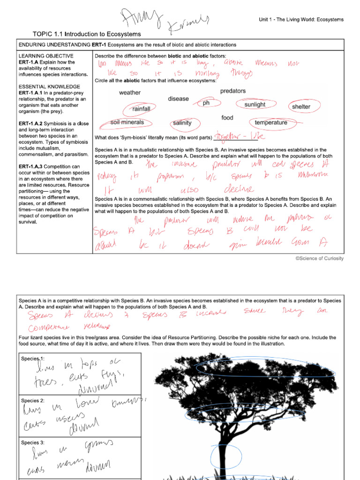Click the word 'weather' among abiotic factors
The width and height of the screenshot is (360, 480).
coord(129,93)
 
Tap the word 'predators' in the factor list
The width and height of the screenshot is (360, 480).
coord(232,91)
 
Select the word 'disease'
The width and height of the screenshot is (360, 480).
coord(178,99)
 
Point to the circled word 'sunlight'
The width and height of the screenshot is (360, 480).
coord(255,105)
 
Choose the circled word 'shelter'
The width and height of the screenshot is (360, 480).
coord(301,107)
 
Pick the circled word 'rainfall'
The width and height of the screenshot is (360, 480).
coord(141,109)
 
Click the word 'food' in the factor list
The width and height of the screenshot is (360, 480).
coord(227,118)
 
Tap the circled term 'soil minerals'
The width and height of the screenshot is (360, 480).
coord(127,122)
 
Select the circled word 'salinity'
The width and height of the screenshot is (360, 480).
coord(182,123)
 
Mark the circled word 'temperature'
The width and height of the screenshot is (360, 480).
coord(271,123)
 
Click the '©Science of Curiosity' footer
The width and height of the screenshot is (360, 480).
coord(319,258)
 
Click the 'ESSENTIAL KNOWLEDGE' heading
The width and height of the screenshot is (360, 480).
coord(49,87)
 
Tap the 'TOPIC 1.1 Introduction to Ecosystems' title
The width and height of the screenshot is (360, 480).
coord(87,34)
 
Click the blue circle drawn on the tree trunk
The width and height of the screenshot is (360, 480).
coord(226,456)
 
